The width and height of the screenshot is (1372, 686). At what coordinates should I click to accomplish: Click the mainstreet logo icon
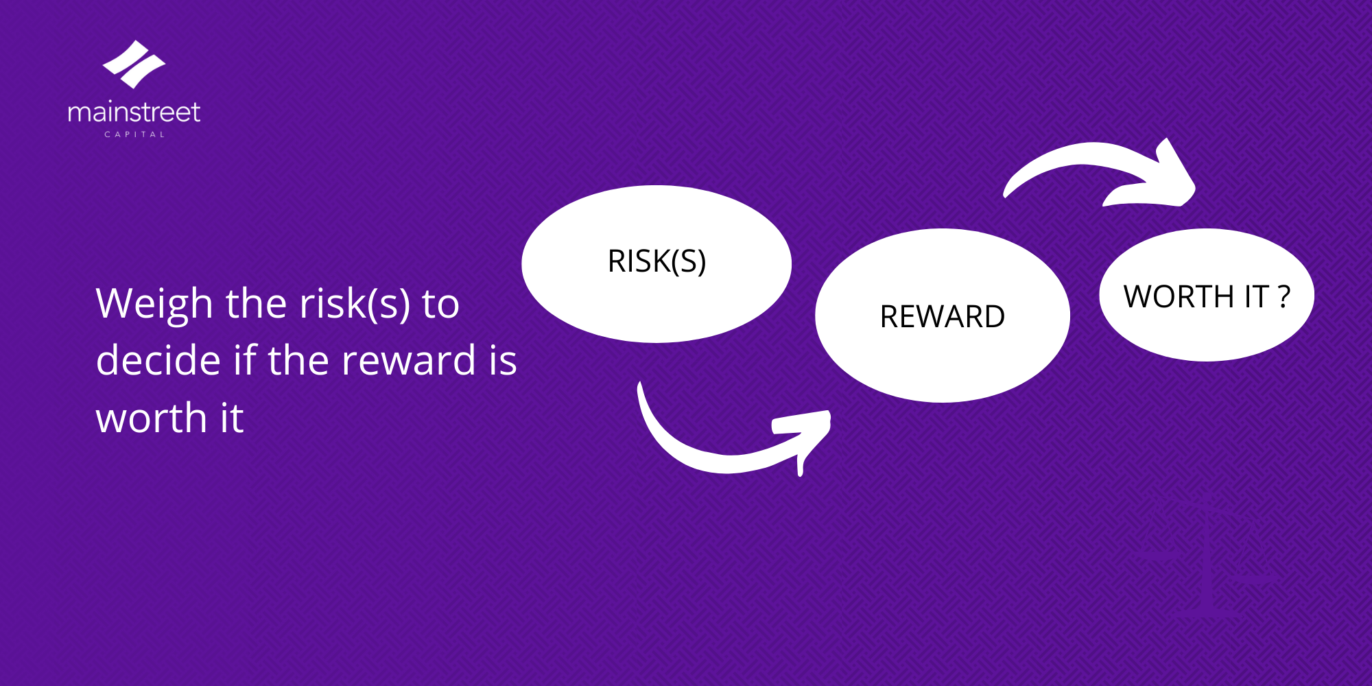(134, 64)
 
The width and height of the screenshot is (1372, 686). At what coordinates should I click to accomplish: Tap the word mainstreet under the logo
(134, 112)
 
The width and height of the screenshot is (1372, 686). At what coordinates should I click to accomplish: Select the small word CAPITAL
(134, 134)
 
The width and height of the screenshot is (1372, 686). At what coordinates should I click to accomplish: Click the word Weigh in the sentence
(154, 305)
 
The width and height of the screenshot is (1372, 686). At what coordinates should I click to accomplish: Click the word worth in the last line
(152, 418)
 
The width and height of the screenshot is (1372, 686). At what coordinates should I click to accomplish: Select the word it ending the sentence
(232, 418)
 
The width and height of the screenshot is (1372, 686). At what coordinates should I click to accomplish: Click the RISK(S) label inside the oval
(657, 261)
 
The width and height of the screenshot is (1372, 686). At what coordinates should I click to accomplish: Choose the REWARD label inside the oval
(943, 317)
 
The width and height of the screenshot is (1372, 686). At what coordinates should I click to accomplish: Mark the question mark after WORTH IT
(1284, 297)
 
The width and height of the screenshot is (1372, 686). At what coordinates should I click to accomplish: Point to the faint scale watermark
(1207, 556)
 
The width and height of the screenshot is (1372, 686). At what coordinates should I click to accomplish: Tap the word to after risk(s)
(440, 305)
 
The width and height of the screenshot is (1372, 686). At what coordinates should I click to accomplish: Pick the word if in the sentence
(245, 359)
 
